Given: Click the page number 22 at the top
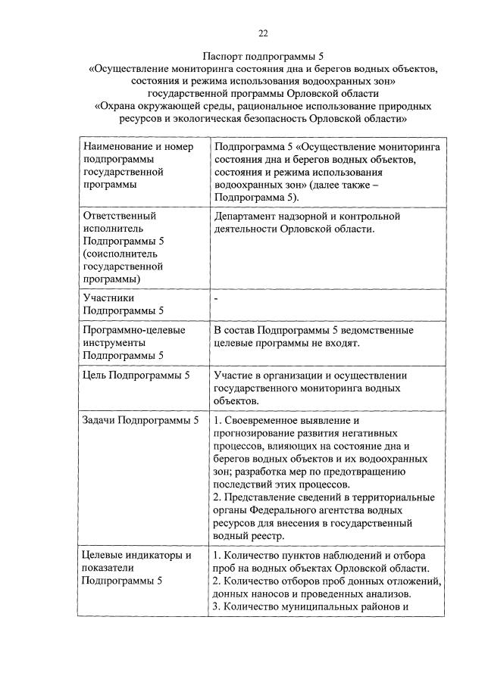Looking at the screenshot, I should (x=263, y=33).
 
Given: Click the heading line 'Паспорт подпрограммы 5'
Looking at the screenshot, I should (x=263, y=56).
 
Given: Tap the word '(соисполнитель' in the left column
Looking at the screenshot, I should (x=118, y=254).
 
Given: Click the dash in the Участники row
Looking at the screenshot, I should (x=216, y=299).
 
